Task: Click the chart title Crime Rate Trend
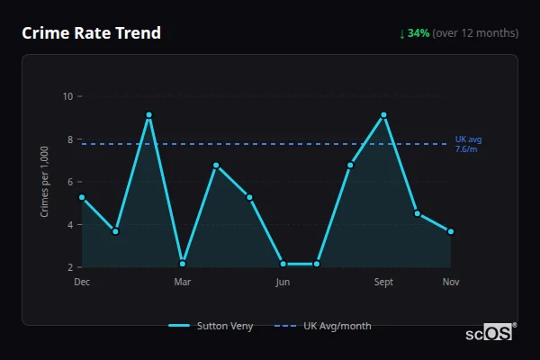(x=91, y=33)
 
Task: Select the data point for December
(x=82, y=197)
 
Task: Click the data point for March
(x=183, y=264)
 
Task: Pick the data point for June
(x=283, y=264)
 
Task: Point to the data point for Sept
(x=383, y=115)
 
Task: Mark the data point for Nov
(x=451, y=231)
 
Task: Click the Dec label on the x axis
(x=82, y=282)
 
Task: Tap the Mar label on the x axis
(x=183, y=282)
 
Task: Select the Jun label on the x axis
(x=283, y=282)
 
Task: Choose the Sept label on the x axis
(x=383, y=282)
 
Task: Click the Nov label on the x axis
(x=451, y=282)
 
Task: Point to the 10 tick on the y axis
(x=68, y=96)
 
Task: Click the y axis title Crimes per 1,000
(x=45, y=182)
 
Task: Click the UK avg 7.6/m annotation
(x=469, y=144)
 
